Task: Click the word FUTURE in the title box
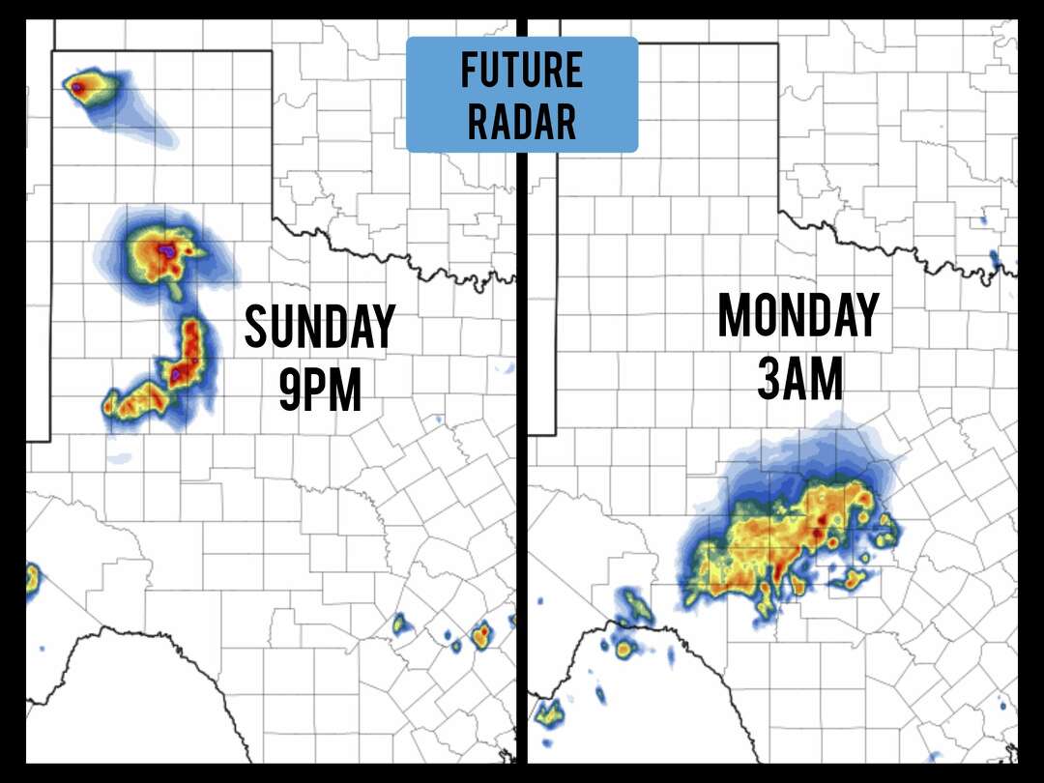click(x=521, y=71)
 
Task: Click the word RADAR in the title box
click(x=521, y=122)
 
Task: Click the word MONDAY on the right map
click(x=797, y=316)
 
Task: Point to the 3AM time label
click(x=797, y=379)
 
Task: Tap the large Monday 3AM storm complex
click(x=783, y=546)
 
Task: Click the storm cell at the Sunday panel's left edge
click(x=31, y=580)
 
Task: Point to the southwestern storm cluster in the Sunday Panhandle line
click(x=135, y=400)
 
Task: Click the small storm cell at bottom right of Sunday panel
click(x=481, y=635)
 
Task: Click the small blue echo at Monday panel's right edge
click(x=994, y=258)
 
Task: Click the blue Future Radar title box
click(x=521, y=95)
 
